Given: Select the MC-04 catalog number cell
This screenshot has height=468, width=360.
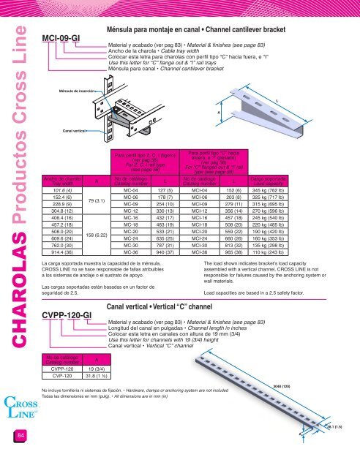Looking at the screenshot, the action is pos(132,192).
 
